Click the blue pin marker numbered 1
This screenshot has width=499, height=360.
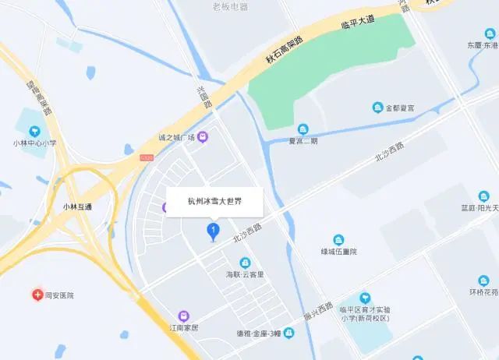212,231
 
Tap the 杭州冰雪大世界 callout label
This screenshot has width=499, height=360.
215,201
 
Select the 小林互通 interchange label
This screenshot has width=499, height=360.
78,206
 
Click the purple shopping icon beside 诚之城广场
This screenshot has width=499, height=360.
203,138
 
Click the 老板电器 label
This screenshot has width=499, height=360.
230,6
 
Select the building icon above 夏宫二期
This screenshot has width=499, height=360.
303,129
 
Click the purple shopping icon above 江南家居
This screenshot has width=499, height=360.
184,316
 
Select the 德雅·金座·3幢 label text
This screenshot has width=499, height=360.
258,334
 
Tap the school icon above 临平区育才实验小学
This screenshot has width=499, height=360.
364,298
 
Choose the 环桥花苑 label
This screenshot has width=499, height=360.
483,293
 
